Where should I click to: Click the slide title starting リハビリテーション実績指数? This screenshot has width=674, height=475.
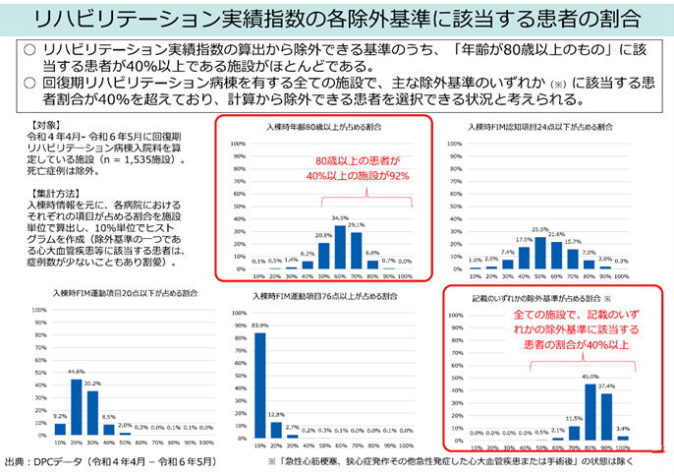tap(337, 18)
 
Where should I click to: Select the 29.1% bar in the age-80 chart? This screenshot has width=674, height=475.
tap(357, 250)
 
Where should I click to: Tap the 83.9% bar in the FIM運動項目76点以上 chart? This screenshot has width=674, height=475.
tap(260, 383)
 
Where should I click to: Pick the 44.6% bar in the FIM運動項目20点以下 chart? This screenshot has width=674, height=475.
tap(77, 405)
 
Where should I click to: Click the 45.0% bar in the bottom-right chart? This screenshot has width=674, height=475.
tap(590, 409)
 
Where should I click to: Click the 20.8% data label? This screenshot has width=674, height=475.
tap(324, 236)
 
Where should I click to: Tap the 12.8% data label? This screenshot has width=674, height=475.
tap(276, 414)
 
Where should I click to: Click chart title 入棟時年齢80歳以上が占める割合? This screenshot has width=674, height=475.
tap(324, 128)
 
